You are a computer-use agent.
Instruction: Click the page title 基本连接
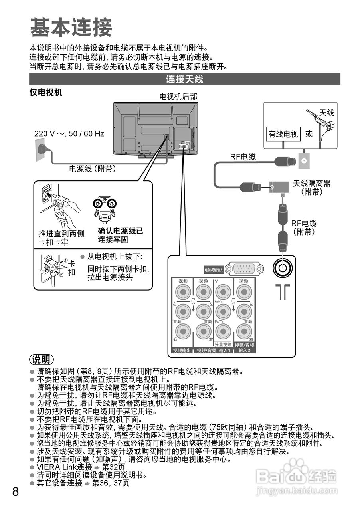(x=71, y=27)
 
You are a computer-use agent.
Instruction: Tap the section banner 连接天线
(x=184, y=79)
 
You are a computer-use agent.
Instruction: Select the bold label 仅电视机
(x=46, y=93)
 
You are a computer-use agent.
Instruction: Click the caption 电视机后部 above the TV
(x=178, y=97)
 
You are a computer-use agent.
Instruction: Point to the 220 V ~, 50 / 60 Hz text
(x=69, y=133)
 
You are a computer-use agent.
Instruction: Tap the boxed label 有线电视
(x=283, y=134)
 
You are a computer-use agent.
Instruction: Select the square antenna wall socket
(x=303, y=161)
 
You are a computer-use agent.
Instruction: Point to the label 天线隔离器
(x=312, y=184)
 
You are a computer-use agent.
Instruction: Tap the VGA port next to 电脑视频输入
(x=244, y=269)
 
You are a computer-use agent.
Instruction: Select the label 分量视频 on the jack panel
(x=223, y=344)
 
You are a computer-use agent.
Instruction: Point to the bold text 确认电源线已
(x=121, y=231)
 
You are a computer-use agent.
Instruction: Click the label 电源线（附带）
(x=93, y=169)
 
